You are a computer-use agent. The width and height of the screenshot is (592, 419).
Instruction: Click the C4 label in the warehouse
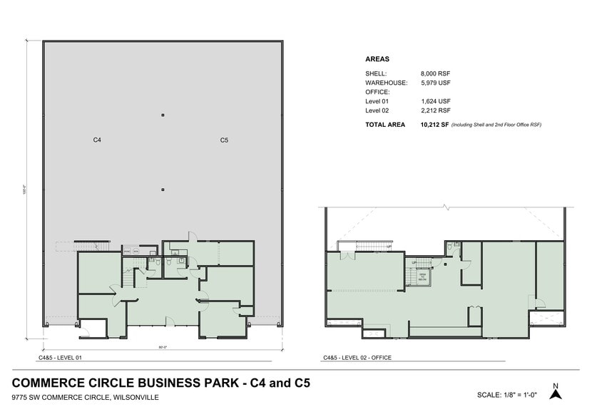pyautogui.click(x=97, y=140)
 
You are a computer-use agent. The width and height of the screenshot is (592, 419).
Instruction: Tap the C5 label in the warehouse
pyautogui.click(x=224, y=140)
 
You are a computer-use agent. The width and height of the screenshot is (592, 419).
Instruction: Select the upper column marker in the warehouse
pyautogui.click(x=163, y=115)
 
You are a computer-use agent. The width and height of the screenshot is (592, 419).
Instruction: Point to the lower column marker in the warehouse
pyautogui.click(x=163, y=190)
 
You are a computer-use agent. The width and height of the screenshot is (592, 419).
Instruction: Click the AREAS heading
pyautogui.click(x=377, y=59)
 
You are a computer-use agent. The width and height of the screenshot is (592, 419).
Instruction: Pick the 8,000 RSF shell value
pyautogui.click(x=436, y=73)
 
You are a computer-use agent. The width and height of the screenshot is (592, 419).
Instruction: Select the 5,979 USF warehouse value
pyautogui.click(x=436, y=83)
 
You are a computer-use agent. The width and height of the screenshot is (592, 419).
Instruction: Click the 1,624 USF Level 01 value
pyautogui.click(x=436, y=102)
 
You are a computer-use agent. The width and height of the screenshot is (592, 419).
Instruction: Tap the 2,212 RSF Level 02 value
pyautogui.click(x=436, y=111)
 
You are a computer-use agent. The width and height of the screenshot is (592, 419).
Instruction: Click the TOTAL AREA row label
pyautogui.click(x=386, y=125)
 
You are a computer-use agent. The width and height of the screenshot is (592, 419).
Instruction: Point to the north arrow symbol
pyautogui.click(x=556, y=391)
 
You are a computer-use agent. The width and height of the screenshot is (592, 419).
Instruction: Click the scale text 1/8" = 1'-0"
pyautogui.click(x=508, y=395)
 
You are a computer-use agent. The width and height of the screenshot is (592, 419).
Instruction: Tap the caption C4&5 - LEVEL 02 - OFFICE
pyautogui.click(x=357, y=358)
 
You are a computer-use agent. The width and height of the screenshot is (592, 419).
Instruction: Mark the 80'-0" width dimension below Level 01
pyautogui.click(x=163, y=348)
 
